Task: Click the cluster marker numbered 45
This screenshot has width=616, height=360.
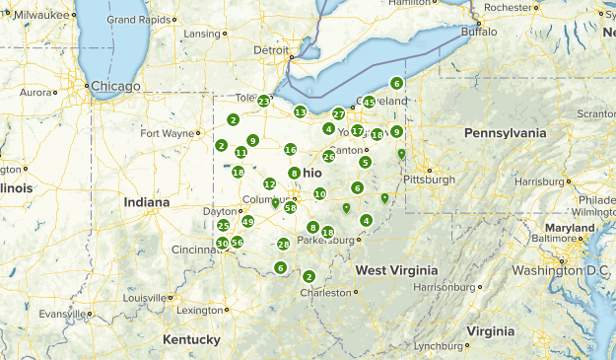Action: [369, 102]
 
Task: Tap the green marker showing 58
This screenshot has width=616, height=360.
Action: [290, 207]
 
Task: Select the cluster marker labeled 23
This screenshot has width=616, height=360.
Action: [264, 101]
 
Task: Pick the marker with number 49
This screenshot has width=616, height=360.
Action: [247, 222]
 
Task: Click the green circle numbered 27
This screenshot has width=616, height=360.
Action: [338, 114]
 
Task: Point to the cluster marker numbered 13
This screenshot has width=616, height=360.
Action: [300, 112]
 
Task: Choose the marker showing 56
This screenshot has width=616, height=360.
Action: [237, 243]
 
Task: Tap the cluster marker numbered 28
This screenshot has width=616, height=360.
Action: [283, 245]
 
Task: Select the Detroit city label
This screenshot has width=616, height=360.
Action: [271, 49]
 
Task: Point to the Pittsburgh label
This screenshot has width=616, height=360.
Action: [429, 180]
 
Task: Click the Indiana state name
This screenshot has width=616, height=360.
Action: [146, 202]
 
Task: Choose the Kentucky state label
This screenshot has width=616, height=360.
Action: [191, 339]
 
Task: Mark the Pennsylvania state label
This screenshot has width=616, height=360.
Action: [505, 133]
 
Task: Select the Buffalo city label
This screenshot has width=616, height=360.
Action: [480, 32]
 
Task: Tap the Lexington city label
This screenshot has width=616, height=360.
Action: [200, 310]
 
